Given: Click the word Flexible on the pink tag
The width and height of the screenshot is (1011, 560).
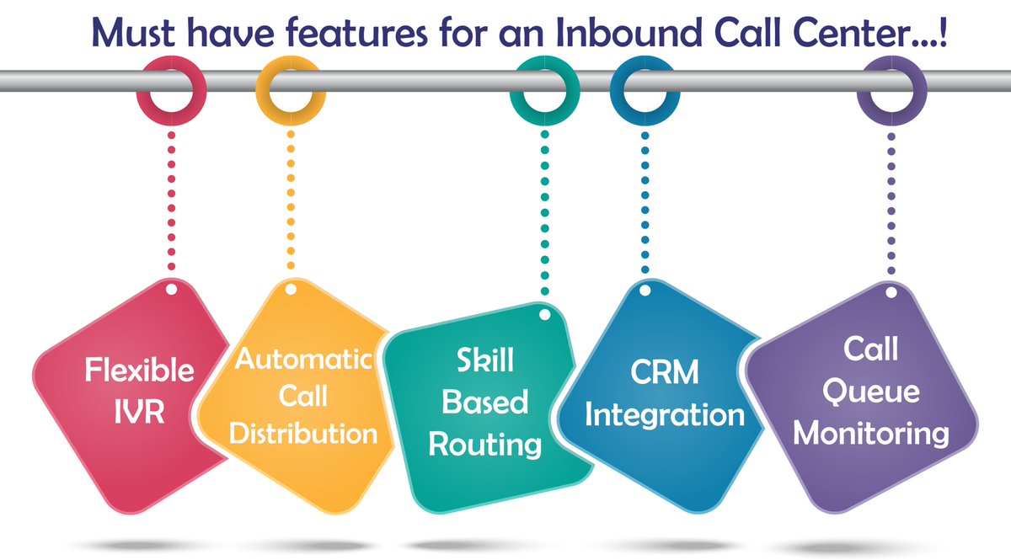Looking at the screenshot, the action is pos(141,370).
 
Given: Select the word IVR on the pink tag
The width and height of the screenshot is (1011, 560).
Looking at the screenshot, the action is pos(141,413).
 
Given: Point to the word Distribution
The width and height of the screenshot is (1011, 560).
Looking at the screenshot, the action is pos(302,434).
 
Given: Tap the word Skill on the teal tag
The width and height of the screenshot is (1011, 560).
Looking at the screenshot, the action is pos(484,363).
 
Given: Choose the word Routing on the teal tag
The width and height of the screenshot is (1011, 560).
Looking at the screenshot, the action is pos(484,444).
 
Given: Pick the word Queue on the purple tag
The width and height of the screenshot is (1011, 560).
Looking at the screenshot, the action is pos(871,392).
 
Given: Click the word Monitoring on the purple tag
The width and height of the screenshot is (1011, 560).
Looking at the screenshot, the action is pos(871,433).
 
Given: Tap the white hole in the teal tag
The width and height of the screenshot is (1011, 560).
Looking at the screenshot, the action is pos(544,314).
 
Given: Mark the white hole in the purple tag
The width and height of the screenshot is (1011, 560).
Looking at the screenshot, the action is pos(891,291).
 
